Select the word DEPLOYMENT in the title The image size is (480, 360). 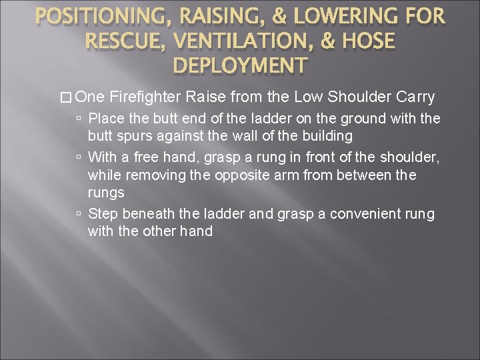pos(240,67)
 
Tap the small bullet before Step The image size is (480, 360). pos(79,213)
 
